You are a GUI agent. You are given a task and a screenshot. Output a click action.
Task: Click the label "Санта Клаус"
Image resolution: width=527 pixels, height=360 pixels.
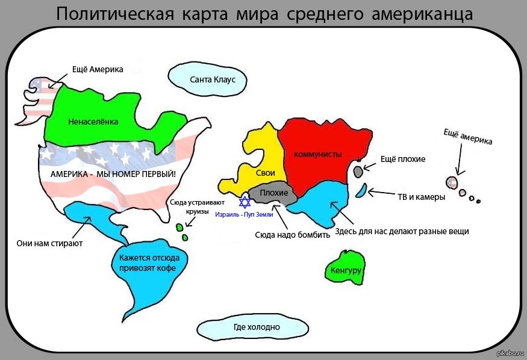point(213,79)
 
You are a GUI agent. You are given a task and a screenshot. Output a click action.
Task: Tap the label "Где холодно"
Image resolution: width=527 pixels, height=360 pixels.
point(257,327)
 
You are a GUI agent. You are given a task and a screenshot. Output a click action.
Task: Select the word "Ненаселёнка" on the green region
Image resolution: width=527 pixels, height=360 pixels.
point(93,122)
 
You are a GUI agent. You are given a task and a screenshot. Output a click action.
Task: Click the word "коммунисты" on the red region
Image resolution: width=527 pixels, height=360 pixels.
point(317,155)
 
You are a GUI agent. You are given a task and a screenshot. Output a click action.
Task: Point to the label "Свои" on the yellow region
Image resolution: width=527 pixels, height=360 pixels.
point(266,173)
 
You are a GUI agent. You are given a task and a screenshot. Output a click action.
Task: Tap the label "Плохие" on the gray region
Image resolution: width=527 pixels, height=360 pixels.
point(274,193)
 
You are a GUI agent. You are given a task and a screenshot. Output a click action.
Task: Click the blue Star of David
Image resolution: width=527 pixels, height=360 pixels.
point(245,202)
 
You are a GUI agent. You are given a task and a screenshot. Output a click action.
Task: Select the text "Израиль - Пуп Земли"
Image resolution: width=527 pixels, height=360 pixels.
point(244,214)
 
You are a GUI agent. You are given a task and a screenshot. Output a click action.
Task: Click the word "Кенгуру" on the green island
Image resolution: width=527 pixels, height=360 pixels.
point(346,270)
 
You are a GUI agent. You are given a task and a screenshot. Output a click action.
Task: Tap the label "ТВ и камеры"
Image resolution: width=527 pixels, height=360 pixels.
point(421,197)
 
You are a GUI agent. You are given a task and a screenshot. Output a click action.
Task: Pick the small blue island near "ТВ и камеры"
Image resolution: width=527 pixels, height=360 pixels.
point(361,191)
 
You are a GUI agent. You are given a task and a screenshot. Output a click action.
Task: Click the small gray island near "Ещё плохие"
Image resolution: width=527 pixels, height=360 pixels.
point(358,172)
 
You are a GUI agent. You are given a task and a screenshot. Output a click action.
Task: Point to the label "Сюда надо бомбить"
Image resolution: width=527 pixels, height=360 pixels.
point(292,235)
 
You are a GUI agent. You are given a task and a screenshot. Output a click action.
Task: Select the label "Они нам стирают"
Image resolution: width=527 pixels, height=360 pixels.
point(49,243)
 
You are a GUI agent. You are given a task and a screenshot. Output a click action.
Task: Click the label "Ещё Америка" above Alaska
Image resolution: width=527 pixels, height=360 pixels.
point(98,69)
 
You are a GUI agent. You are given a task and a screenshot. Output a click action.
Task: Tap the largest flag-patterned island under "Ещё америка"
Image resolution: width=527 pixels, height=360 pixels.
point(452,182)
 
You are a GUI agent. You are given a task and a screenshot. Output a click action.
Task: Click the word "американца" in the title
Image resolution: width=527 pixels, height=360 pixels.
point(422,14)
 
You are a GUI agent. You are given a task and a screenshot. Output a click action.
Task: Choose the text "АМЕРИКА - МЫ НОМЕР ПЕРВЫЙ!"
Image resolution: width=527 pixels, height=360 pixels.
point(113,175)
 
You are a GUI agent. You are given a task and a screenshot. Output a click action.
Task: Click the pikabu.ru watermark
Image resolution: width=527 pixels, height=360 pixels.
point(511,353)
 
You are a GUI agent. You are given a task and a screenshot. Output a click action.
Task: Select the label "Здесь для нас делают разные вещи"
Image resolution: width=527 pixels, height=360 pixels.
point(402,231)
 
